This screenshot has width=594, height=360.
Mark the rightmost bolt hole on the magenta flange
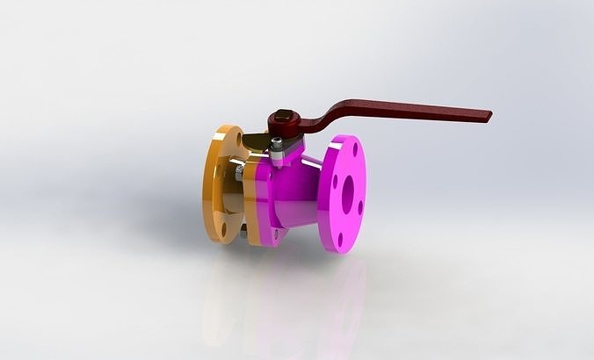coord(359,207)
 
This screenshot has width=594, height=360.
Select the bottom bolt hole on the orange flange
coord(223,230)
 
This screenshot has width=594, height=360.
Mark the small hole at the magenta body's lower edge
coord(275,234)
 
